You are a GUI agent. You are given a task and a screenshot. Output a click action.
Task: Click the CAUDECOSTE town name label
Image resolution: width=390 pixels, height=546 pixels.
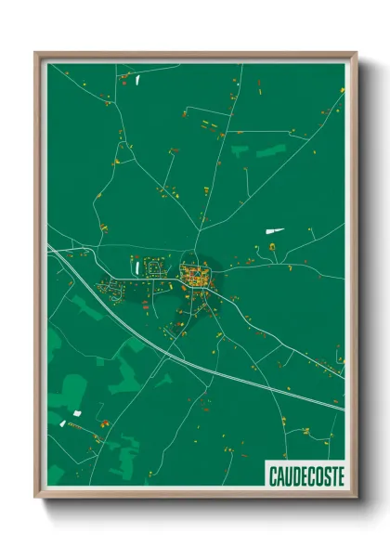click(305, 475)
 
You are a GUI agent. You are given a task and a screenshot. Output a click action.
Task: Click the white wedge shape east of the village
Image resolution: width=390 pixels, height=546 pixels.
click(276, 229)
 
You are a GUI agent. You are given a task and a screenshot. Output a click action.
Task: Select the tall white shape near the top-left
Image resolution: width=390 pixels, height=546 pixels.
click(136, 80)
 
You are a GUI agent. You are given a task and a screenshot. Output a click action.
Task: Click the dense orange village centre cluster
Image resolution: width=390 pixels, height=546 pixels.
click(196, 275)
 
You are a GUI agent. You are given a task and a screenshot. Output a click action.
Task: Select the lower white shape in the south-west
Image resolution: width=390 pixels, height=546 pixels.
click(62, 423)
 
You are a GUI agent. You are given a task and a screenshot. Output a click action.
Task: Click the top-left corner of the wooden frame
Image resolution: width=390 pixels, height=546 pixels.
click(37, 54)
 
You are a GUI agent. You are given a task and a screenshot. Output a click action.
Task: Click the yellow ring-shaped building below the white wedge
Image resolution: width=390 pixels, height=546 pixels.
click(273, 247)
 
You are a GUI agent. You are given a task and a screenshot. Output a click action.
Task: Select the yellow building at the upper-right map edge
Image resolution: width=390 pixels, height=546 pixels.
click(341, 89)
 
